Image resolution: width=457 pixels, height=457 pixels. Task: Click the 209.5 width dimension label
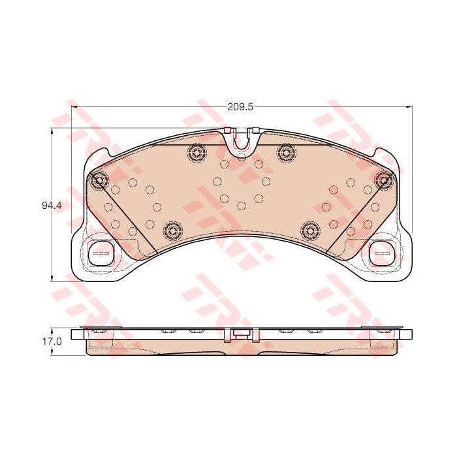240,107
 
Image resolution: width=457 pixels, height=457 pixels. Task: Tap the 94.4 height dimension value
52,206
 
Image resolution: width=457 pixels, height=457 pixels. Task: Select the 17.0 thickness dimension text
52,341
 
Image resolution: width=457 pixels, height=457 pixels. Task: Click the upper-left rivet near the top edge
197,152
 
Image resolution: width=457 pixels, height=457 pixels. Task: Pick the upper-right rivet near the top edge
287,152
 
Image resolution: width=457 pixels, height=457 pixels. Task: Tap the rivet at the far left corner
99,180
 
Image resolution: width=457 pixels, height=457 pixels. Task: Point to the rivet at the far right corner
384,180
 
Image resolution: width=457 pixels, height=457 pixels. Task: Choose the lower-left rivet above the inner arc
172,231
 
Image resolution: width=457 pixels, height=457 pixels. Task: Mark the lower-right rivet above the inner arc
311,231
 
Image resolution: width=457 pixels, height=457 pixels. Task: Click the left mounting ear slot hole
101,253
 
